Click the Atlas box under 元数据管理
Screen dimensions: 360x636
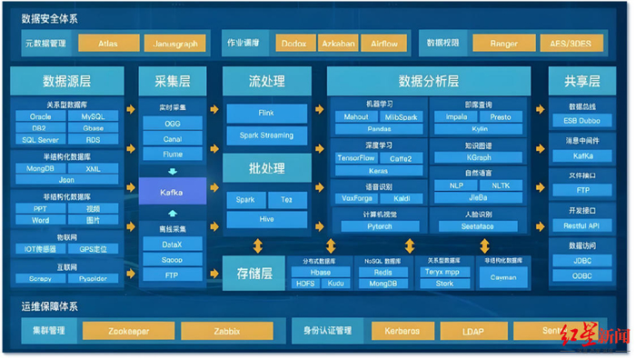[x=109, y=43]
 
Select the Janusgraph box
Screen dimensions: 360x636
[x=175, y=43]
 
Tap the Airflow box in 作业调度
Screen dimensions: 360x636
[x=384, y=43]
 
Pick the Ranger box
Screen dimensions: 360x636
[x=502, y=43]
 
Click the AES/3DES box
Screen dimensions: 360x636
[x=571, y=43]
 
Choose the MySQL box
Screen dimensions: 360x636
[x=93, y=116]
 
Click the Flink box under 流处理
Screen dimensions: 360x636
[x=266, y=114]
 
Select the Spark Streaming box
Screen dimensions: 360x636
[x=266, y=135]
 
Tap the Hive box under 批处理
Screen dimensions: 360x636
[x=266, y=220]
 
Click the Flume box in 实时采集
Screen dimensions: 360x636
[x=172, y=155]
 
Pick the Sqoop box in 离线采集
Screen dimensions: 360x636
[x=172, y=259]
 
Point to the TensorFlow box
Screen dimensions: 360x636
[x=356, y=158]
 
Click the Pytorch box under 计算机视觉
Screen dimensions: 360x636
[x=380, y=226]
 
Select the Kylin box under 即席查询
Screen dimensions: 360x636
[x=479, y=129]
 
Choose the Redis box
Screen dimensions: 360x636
[x=383, y=272]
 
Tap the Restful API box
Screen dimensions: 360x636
[x=582, y=225]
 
